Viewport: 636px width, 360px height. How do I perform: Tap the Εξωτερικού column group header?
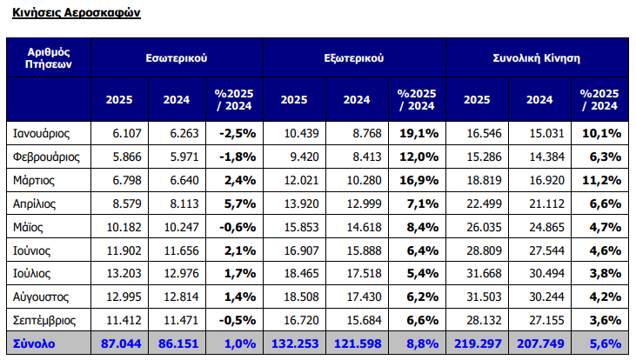pyautogui.click(x=354, y=57)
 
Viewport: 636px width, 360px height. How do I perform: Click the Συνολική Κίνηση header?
pyautogui.click(x=536, y=57)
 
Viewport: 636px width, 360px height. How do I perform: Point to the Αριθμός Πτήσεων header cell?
pyautogui.click(x=49, y=57)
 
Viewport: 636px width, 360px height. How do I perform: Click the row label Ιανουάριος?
pyautogui.click(x=42, y=133)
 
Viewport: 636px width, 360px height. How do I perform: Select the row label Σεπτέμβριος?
pyautogui.click(x=46, y=321)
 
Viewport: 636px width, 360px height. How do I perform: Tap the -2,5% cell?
pyautogui.click(x=237, y=133)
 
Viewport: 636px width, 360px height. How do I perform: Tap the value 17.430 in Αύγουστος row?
pyautogui.click(x=357, y=297)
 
